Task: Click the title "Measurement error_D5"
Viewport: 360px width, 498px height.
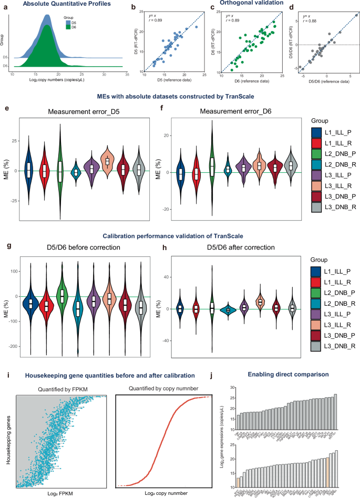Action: pos(79,111)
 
